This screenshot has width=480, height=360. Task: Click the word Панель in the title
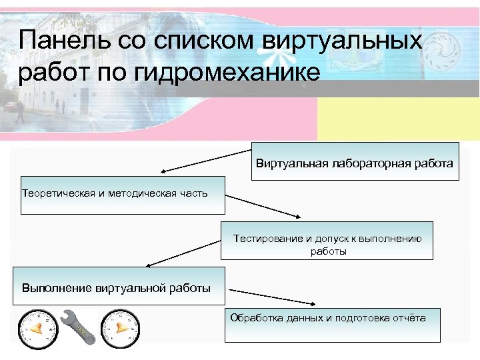pyautogui.click(x=55, y=41)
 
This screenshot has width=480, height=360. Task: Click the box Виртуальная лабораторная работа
pyautogui.click(x=355, y=161)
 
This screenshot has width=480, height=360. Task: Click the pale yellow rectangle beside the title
pyautogui.click(x=398, y=119)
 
